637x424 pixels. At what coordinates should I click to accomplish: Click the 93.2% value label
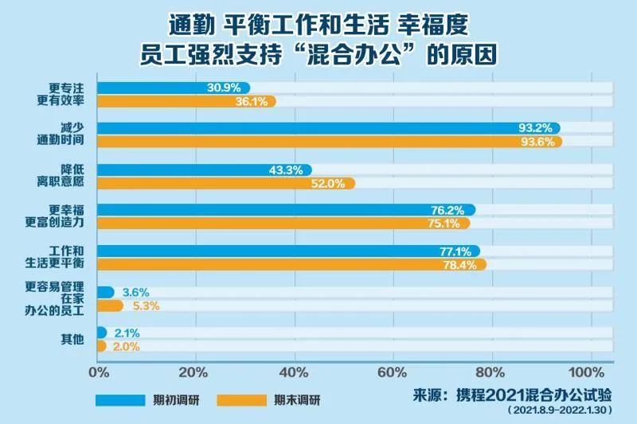[x=538, y=128]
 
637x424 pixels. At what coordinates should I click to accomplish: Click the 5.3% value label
[x=144, y=305]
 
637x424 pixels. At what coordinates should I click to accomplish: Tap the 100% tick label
[x=588, y=371]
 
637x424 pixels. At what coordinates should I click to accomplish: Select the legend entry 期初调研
[x=176, y=399]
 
